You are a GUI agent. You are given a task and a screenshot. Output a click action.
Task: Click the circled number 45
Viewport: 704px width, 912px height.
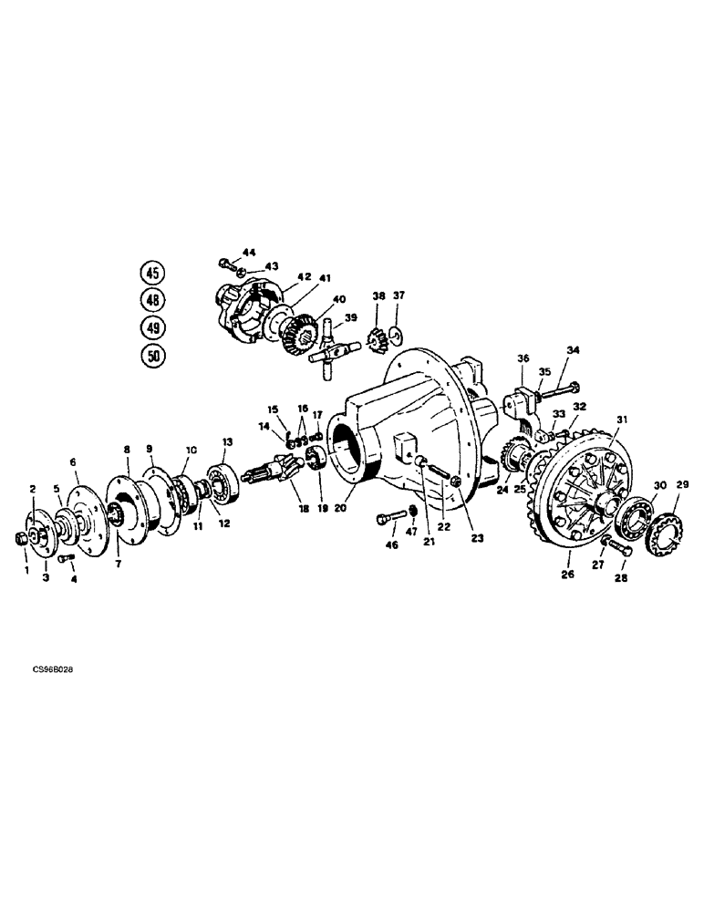coord(153,273)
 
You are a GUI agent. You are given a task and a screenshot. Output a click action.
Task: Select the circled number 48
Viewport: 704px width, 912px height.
coord(153,299)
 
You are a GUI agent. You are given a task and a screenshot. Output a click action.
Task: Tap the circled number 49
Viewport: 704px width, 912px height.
coord(153,327)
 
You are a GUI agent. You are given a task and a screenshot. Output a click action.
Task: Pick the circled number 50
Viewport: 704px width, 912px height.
coord(153,356)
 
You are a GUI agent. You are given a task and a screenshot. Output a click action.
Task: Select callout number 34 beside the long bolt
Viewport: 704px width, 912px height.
coord(573,349)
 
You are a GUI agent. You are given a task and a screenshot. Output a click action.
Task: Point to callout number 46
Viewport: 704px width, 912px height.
coord(393,545)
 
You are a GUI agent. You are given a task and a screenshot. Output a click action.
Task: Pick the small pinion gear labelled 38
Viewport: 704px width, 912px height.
coord(376,339)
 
